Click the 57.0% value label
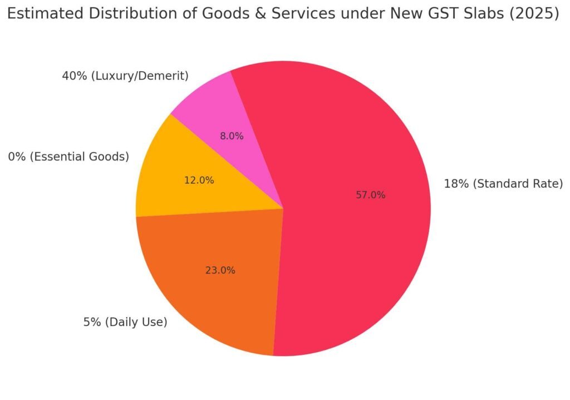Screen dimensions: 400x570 click(x=370, y=195)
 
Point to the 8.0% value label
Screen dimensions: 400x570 click(x=232, y=135)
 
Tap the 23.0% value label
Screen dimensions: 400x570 click(x=220, y=270)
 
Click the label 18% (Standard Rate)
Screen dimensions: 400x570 click(x=503, y=183)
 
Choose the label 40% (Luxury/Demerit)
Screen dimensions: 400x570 click(x=125, y=76)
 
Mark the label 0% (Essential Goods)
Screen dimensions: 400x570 click(x=68, y=157)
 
